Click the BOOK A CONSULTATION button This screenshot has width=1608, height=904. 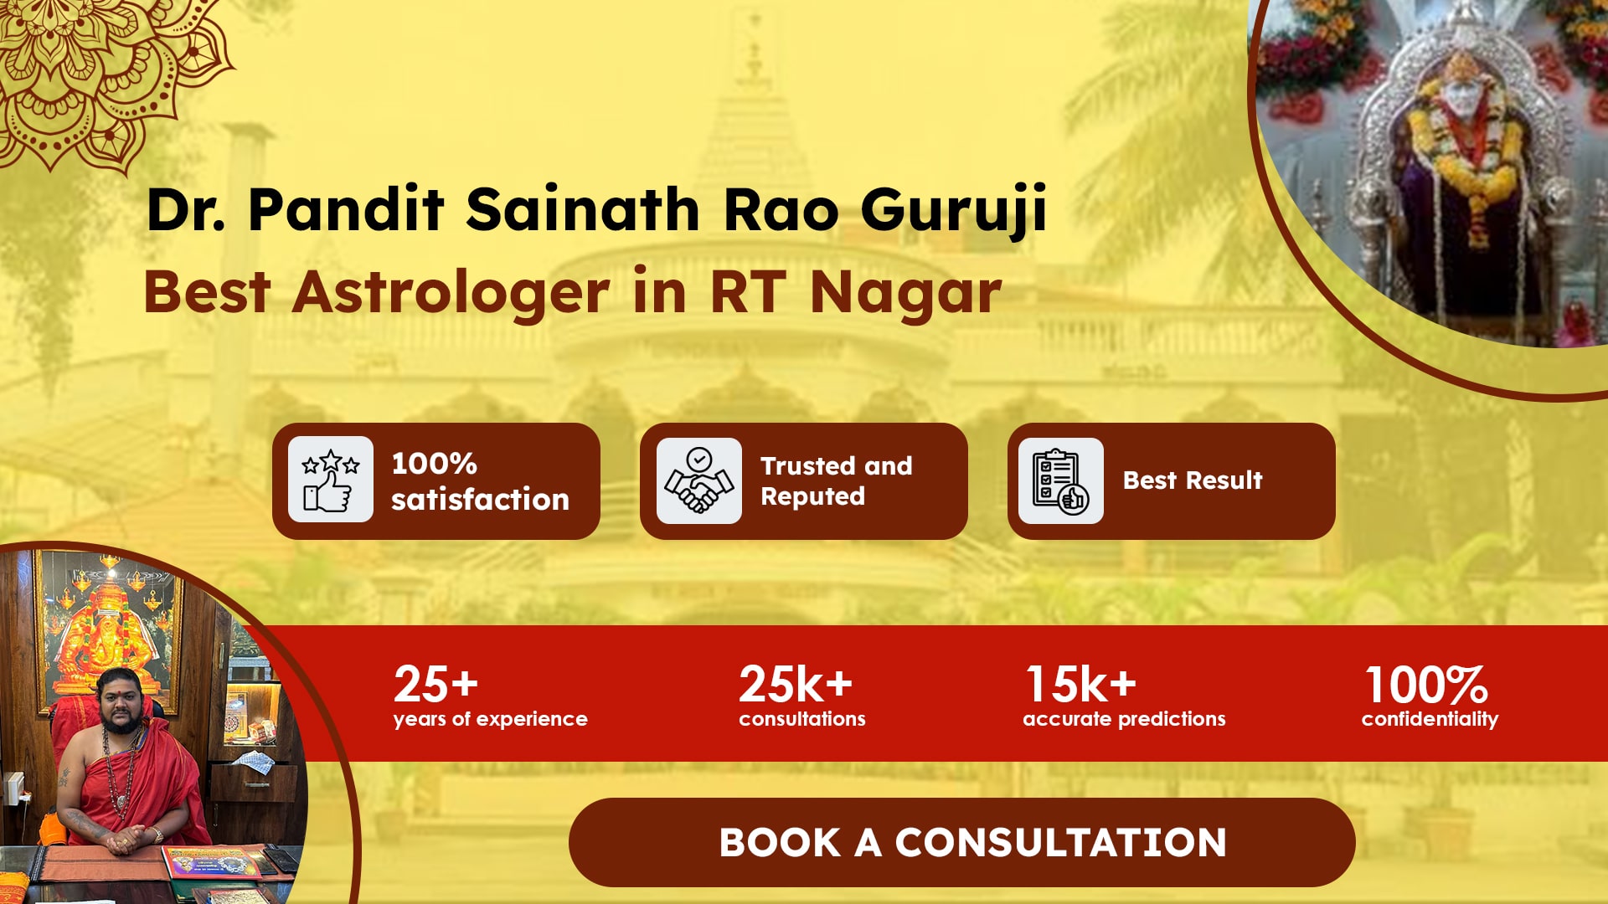(961, 842)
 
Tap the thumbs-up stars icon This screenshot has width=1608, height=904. (331, 480)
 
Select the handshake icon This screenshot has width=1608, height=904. (698, 480)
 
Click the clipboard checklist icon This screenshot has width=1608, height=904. (1060, 480)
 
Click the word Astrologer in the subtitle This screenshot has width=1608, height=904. (451, 293)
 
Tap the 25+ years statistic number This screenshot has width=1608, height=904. (435, 684)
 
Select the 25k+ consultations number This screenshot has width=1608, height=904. (795, 684)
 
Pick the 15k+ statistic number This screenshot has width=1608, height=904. (1081, 684)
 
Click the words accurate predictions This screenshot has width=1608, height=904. (1124, 719)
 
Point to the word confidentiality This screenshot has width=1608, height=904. (1430, 719)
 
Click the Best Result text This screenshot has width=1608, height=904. (1193, 480)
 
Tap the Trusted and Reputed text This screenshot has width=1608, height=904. (836, 480)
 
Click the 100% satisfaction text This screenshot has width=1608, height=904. (480, 481)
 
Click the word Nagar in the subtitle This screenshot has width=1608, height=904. (905, 293)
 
